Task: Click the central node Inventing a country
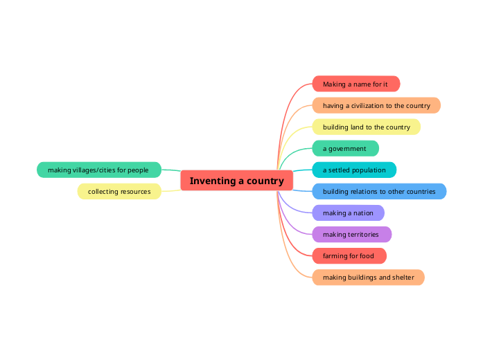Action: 236,181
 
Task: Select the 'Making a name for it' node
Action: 356,84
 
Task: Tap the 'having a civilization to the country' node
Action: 376,105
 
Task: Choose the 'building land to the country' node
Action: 367,127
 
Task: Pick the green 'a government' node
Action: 346,149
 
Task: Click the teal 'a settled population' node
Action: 354,170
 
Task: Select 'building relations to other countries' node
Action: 379,191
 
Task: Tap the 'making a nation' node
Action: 349,213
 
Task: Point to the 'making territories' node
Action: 352,235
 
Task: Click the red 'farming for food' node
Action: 349,256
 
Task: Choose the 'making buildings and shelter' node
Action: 369,278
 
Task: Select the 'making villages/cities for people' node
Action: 99,170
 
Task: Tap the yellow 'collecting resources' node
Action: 119,191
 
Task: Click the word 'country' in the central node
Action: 265,181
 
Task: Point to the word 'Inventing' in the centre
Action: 213,181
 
